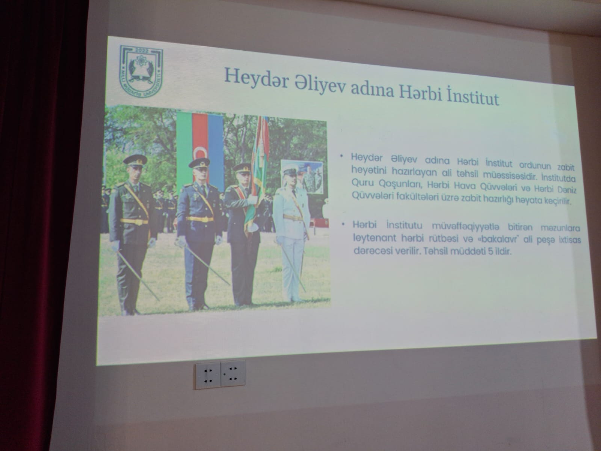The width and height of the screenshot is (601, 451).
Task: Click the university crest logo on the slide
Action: click(142, 71)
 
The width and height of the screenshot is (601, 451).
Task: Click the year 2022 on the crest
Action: click(142, 51)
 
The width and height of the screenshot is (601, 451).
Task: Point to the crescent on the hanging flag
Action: click(199, 153)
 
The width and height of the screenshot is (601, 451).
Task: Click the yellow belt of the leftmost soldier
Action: click(134, 221)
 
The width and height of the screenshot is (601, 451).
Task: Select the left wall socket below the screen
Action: click(208, 375)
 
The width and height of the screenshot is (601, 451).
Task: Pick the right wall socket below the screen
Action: click(233, 374)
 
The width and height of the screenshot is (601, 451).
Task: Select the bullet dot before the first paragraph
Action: click(341, 156)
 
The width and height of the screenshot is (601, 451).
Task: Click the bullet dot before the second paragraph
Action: click(343, 224)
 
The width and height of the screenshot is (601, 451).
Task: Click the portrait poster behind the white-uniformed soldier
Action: click(302, 176)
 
